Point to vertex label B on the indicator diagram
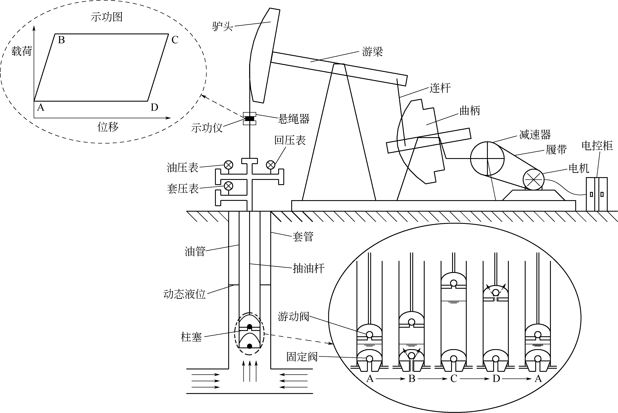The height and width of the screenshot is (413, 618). point(61,40)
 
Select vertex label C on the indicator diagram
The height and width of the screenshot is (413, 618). point(175,40)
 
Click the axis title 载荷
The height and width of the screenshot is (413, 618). point(22,51)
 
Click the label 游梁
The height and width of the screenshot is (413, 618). point(372,52)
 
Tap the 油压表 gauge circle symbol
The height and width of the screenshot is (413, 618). point(228,165)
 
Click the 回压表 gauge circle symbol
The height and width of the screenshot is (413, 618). point(271,165)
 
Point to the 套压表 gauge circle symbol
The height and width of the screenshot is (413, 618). point(228,186)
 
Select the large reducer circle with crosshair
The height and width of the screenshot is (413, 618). point(487,159)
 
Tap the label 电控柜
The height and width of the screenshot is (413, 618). point(597,146)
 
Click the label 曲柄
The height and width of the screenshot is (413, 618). point(470,111)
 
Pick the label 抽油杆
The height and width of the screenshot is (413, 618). point(308,269)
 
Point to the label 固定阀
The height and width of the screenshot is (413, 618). point(302,357)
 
